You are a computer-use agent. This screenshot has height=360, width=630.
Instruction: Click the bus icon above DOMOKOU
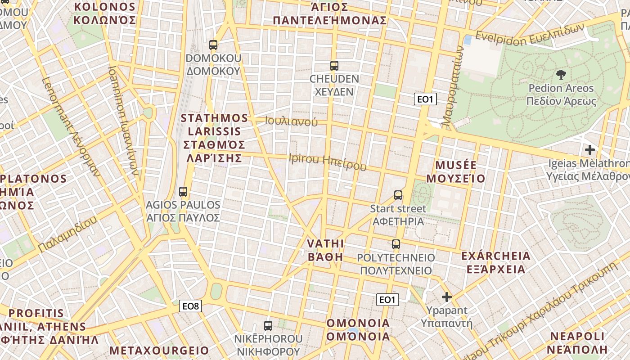click(x=213, y=45)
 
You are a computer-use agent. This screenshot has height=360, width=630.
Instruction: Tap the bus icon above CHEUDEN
click(x=334, y=66)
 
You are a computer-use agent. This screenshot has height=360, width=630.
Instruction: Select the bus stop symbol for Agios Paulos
click(x=183, y=192)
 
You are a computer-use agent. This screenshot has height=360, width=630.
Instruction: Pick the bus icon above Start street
click(x=398, y=195)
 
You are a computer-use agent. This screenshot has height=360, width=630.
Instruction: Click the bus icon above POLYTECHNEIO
click(x=396, y=244)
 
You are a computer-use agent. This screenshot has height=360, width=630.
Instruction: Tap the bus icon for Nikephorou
click(x=268, y=325)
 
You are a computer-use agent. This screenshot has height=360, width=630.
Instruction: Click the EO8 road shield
click(x=190, y=306)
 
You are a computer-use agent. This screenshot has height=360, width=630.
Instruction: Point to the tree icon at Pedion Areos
click(x=561, y=74)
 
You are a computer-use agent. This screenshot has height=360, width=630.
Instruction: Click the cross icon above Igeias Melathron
click(x=589, y=150)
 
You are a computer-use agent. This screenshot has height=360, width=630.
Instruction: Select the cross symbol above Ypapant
click(x=447, y=297)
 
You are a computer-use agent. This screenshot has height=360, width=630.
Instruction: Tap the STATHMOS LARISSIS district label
click(x=214, y=138)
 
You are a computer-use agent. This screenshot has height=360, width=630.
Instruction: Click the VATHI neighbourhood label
click(x=325, y=250)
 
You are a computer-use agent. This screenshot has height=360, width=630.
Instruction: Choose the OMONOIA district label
click(x=358, y=330)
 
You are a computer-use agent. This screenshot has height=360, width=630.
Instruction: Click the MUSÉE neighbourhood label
click(x=456, y=171)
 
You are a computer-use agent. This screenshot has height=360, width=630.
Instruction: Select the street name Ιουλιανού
click(x=291, y=121)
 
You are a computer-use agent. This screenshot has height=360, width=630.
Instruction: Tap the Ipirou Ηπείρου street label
click(x=328, y=162)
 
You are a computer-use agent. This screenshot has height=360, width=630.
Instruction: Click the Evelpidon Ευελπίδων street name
click(x=530, y=35)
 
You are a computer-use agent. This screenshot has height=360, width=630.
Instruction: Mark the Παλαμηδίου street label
click(x=68, y=234)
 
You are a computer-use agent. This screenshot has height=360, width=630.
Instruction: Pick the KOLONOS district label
click(x=105, y=13)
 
